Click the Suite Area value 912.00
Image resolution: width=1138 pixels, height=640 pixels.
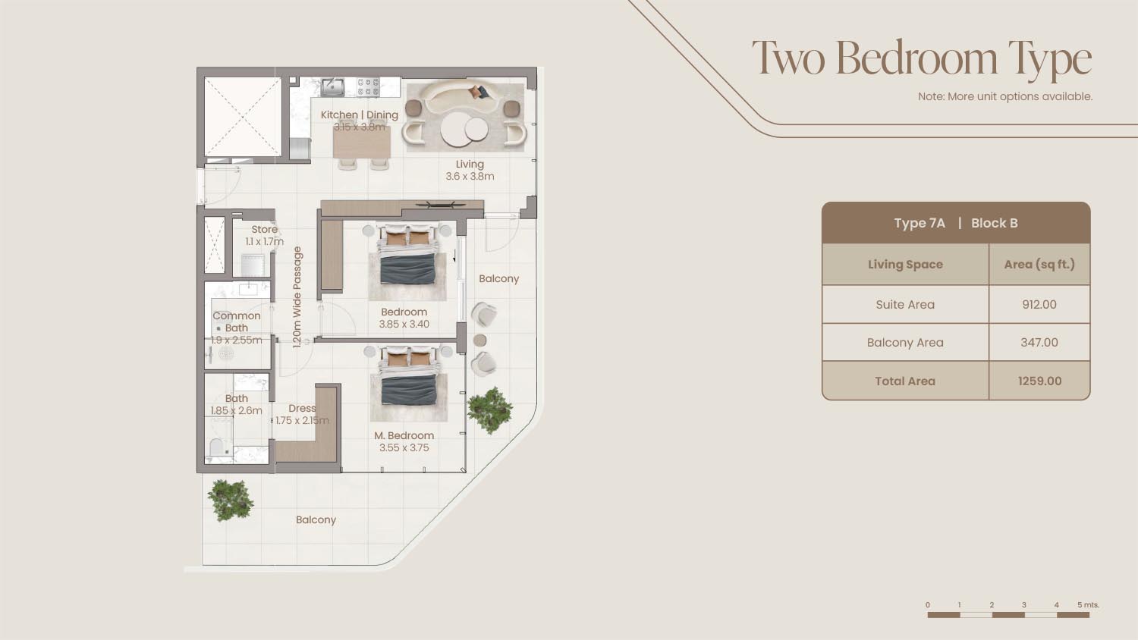pyautogui.click(x=1039, y=304)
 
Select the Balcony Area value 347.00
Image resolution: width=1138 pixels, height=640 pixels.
pyautogui.click(x=1039, y=342)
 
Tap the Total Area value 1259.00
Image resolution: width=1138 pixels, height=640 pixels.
pyautogui.click(x=1039, y=381)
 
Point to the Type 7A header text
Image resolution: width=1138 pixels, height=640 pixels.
pyautogui.click(x=920, y=223)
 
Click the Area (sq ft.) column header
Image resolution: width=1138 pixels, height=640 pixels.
pyautogui.click(x=1039, y=265)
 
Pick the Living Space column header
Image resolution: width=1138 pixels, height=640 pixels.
pyautogui.click(x=905, y=265)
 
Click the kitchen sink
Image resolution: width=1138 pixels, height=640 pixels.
pyautogui.click(x=332, y=87)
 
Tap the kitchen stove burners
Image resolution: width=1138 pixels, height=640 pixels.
pyautogui.click(x=368, y=87)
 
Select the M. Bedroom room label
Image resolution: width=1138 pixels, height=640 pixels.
pyautogui.click(x=404, y=435)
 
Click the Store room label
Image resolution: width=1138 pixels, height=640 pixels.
pyautogui.click(x=264, y=229)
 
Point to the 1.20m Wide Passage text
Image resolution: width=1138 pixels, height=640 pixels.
pyautogui.click(x=297, y=297)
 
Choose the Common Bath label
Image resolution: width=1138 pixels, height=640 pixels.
pyautogui.click(x=236, y=322)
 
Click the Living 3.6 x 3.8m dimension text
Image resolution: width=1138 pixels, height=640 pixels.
pyautogui.click(x=470, y=176)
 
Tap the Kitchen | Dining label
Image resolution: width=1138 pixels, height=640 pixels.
pyautogui.click(x=359, y=115)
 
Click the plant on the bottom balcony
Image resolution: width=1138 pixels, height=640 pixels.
pyautogui.click(x=231, y=500)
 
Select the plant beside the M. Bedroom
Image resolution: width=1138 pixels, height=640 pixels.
pyautogui.click(x=490, y=410)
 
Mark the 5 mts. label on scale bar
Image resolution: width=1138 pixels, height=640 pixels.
pyautogui.click(x=1088, y=605)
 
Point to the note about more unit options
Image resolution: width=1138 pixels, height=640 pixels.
pyautogui.click(x=1005, y=96)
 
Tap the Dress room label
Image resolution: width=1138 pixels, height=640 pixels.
pyautogui.click(x=302, y=409)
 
